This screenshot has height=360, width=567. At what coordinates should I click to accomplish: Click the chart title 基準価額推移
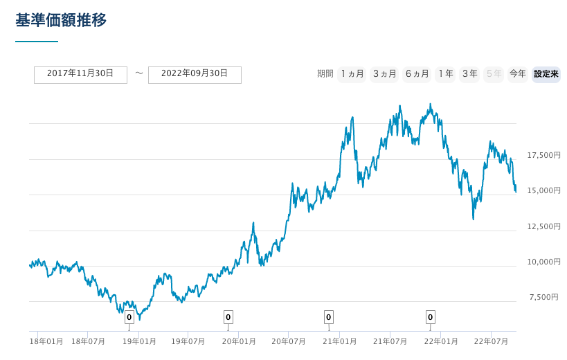pyautogui.click(x=61, y=20)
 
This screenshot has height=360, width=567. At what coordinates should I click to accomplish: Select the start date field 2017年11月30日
pyautogui.click(x=80, y=74)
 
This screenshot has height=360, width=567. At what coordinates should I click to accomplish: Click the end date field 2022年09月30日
pyautogui.click(x=195, y=74)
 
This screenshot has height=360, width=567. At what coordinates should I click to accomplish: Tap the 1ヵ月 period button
pyautogui.click(x=352, y=74)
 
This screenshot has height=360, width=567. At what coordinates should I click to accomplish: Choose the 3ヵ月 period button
pyautogui.click(x=384, y=74)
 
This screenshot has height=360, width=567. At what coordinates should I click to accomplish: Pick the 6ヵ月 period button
pyautogui.click(x=417, y=74)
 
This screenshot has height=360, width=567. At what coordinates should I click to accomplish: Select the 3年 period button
pyautogui.click(x=469, y=74)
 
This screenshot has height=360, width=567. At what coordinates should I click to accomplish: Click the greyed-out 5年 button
pyautogui.click(x=494, y=74)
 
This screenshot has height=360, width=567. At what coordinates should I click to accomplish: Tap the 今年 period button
pyautogui.click(x=517, y=74)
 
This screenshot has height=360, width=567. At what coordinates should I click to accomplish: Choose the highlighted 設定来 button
pyautogui.click(x=546, y=74)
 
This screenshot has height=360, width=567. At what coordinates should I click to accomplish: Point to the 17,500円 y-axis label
pyautogui.click(x=543, y=155)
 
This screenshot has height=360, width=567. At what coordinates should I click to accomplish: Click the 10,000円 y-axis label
pyautogui.click(x=543, y=262)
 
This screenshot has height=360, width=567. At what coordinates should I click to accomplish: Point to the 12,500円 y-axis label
pyautogui.click(x=543, y=226)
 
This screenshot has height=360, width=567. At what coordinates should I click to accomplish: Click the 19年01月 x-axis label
pyautogui.click(x=138, y=341)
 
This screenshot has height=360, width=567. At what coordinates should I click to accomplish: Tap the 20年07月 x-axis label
pyautogui.click(x=289, y=341)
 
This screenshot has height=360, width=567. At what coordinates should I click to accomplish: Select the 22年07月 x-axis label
pyautogui.click(x=491, y=341)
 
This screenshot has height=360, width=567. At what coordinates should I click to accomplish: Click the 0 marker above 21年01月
pyautogui.click(x=329, y=317)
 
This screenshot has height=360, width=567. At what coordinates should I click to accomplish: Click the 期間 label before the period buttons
pyautogui.click(x=325, y=74)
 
